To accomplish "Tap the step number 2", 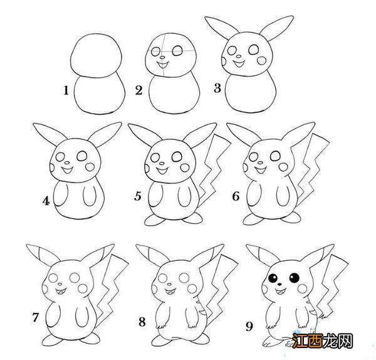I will click(139, 90).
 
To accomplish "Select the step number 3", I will click(217, 88).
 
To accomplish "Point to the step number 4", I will click(46, 201).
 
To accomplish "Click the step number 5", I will click(138, 197).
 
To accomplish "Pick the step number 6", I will click(236, 197).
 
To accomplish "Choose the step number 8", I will click(142, 322).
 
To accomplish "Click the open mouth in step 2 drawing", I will click(162, 63).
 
